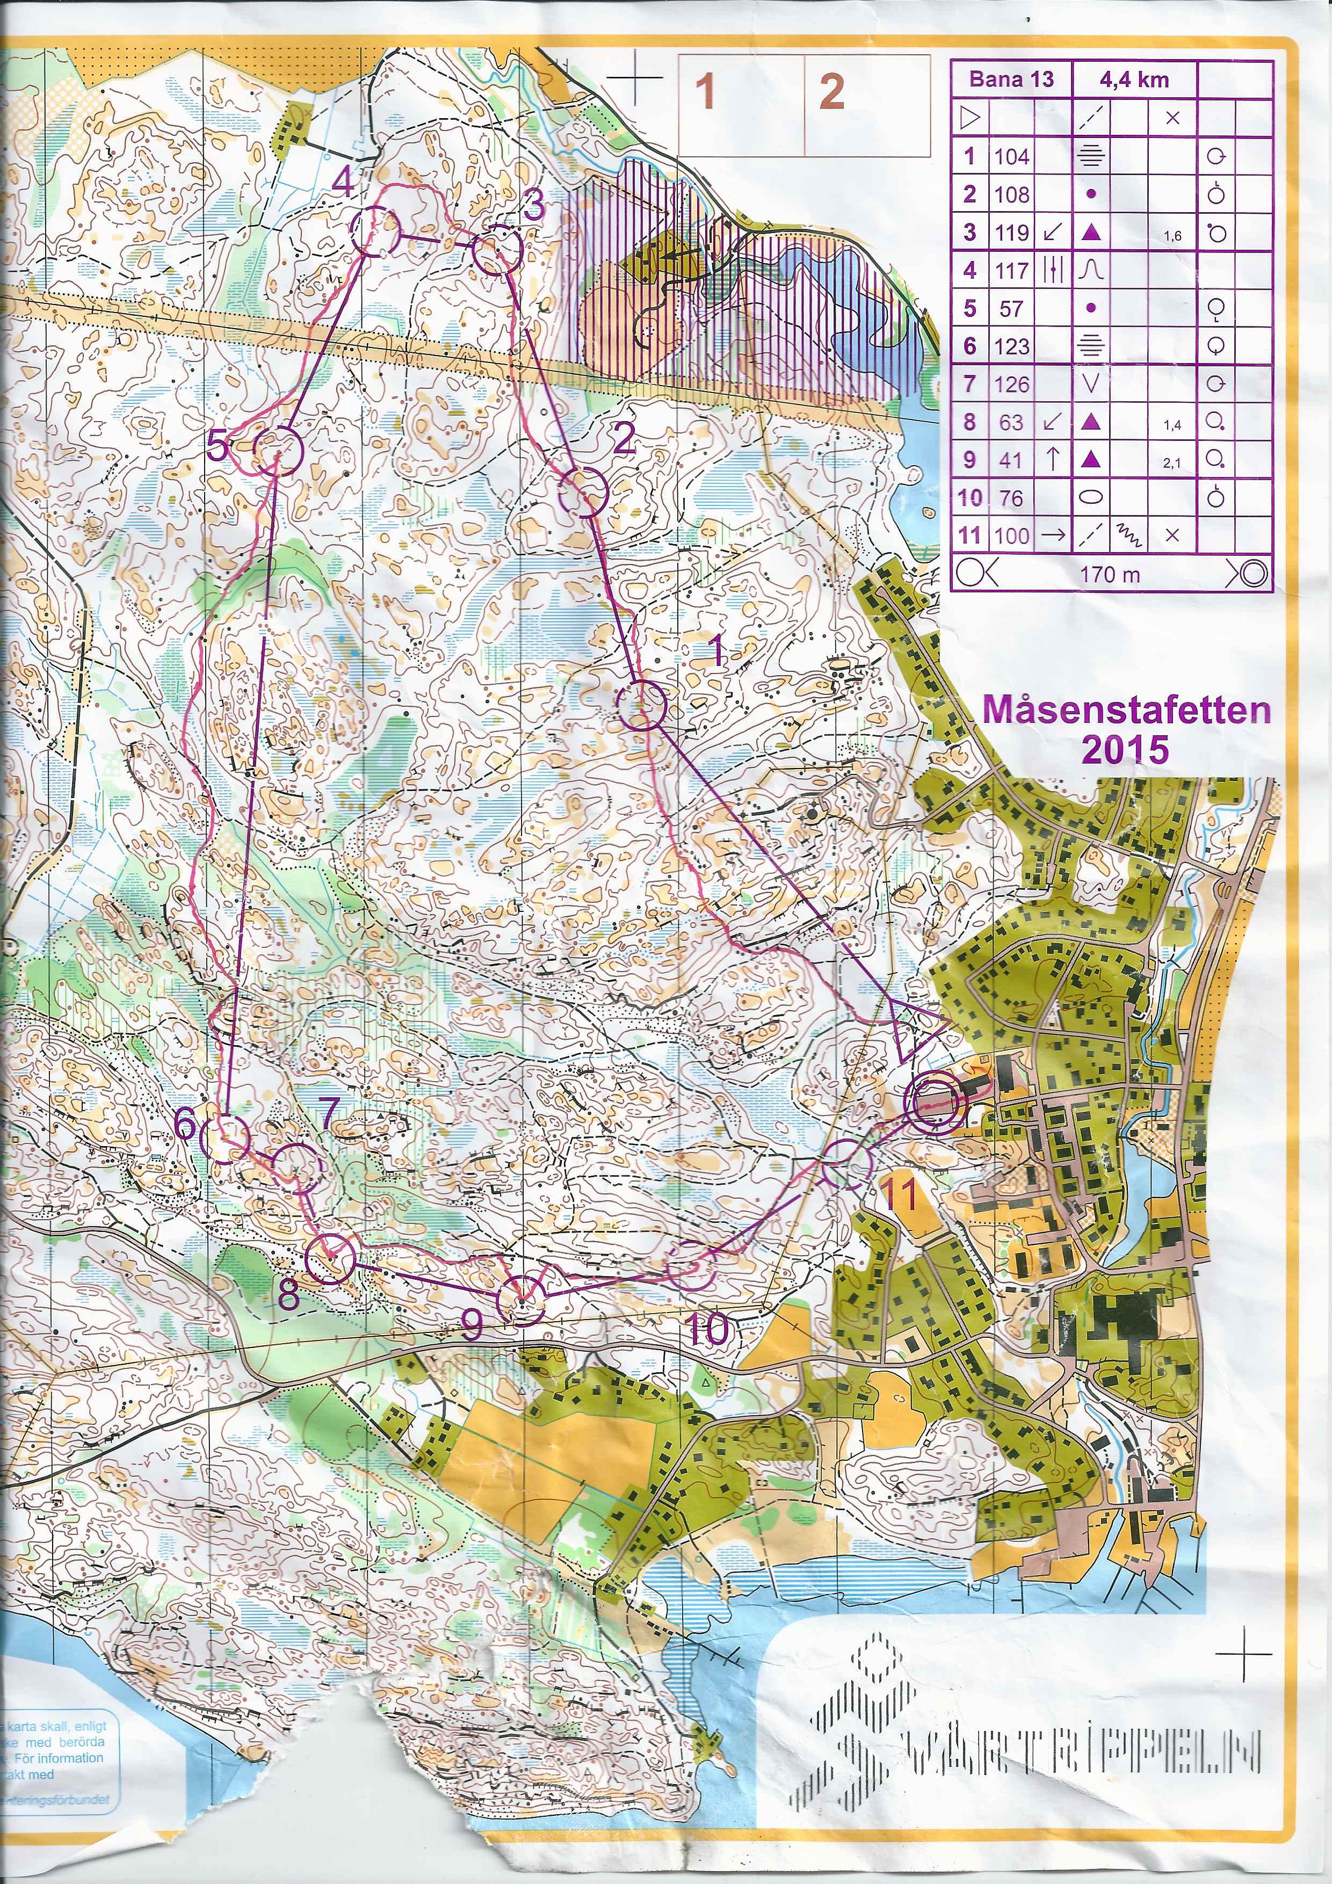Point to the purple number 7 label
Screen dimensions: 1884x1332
click(328, 1113)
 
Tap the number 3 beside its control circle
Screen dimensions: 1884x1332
click(534, 204)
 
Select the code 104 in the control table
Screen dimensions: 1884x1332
click(1011, 156)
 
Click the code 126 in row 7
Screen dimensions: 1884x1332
click(1011, 383)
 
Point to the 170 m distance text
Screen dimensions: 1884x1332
click(1110, 575)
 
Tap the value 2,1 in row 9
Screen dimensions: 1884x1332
click(1172, 463)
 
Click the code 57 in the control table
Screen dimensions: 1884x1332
click(1011, 308)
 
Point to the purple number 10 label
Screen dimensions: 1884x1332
click(707, 1329)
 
